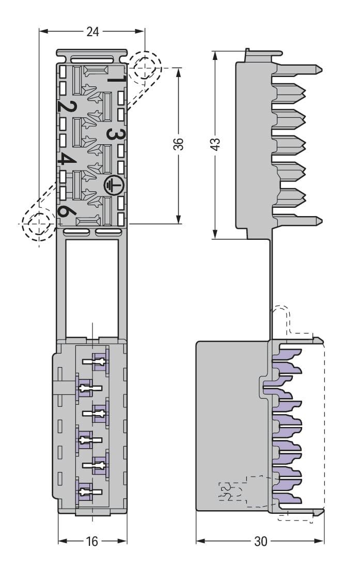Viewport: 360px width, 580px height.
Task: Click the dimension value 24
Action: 93,32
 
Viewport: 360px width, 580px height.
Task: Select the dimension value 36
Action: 178,144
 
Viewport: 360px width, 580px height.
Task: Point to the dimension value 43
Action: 215,144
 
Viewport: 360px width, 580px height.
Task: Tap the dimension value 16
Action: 92,542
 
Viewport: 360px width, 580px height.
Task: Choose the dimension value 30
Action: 260,542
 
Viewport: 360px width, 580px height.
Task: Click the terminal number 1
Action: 118,79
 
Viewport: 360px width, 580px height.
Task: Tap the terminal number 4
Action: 67,159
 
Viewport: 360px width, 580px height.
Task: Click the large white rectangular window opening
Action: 92,288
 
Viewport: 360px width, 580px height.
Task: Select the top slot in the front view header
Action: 92,59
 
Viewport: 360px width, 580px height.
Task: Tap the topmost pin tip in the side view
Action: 321,69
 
